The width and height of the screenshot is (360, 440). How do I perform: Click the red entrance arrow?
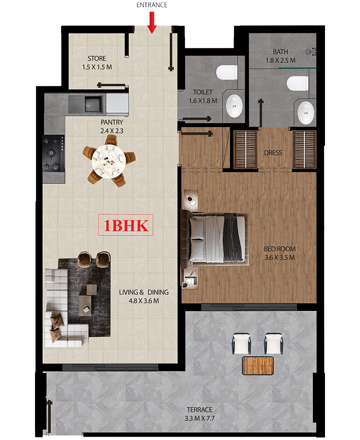click(x=152, y=22)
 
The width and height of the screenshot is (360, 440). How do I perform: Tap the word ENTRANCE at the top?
click(x=152, y=5)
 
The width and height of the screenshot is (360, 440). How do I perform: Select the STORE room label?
click(x=97, y=62)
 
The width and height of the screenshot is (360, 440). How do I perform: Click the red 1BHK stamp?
click(x=125, y=225)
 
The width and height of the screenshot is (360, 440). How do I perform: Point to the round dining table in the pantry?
click(x=109, y=161)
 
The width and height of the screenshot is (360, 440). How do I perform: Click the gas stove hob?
click(x=53, y=153)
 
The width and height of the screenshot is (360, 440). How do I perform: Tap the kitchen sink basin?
click(x=93, y=104)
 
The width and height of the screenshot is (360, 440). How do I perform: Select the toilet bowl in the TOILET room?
click(x=226, y=72)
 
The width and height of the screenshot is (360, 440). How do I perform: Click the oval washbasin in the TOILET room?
click(x=234, y=106)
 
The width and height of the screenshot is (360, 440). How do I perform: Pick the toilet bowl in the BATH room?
click(x=297, y=83)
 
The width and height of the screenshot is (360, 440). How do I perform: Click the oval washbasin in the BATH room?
click(x=306, y=113)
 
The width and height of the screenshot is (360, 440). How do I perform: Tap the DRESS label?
click(x=273, y=153)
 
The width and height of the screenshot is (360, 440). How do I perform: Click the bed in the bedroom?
click(x=214, y=238)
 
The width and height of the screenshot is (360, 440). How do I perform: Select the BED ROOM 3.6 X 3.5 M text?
click(x=280, y=253)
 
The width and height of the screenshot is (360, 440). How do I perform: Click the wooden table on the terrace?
click(x=258, y=365)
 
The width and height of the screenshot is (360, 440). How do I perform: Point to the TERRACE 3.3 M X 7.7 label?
click(x=199, y=414)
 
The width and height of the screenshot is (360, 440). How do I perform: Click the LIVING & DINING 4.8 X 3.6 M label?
click(x=143, y=296)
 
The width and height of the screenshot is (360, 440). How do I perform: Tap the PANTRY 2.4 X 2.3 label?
click(x=111, y=126)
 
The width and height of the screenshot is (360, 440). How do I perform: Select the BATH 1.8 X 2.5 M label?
click(x=280, y=56)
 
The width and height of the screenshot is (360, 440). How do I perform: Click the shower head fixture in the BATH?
click(x=311, y=51)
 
